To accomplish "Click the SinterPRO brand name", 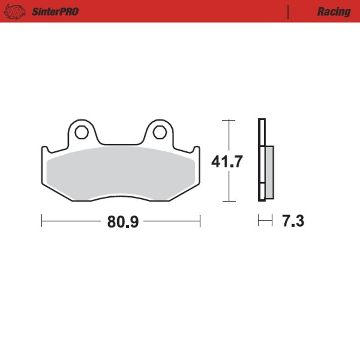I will pos(55,11).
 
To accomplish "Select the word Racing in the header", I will pos(333,11).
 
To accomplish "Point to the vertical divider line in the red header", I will pos(288,11).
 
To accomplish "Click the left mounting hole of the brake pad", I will pos(81,132).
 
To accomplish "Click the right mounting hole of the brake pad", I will pos(159,132).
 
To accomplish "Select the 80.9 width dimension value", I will pos(121,221).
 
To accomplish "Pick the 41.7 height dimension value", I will pos(228,161).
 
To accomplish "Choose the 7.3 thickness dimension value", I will pos(293,221).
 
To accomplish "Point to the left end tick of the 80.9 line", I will pos(42,220).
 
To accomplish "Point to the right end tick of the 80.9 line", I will pos(200,220).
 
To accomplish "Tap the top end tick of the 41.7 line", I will pos(229,120).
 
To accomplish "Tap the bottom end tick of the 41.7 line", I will pos(229,201).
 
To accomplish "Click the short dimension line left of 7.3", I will pos(265,220).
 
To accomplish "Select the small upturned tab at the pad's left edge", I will pos(45,150).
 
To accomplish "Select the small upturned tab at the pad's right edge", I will pos(196,150).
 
